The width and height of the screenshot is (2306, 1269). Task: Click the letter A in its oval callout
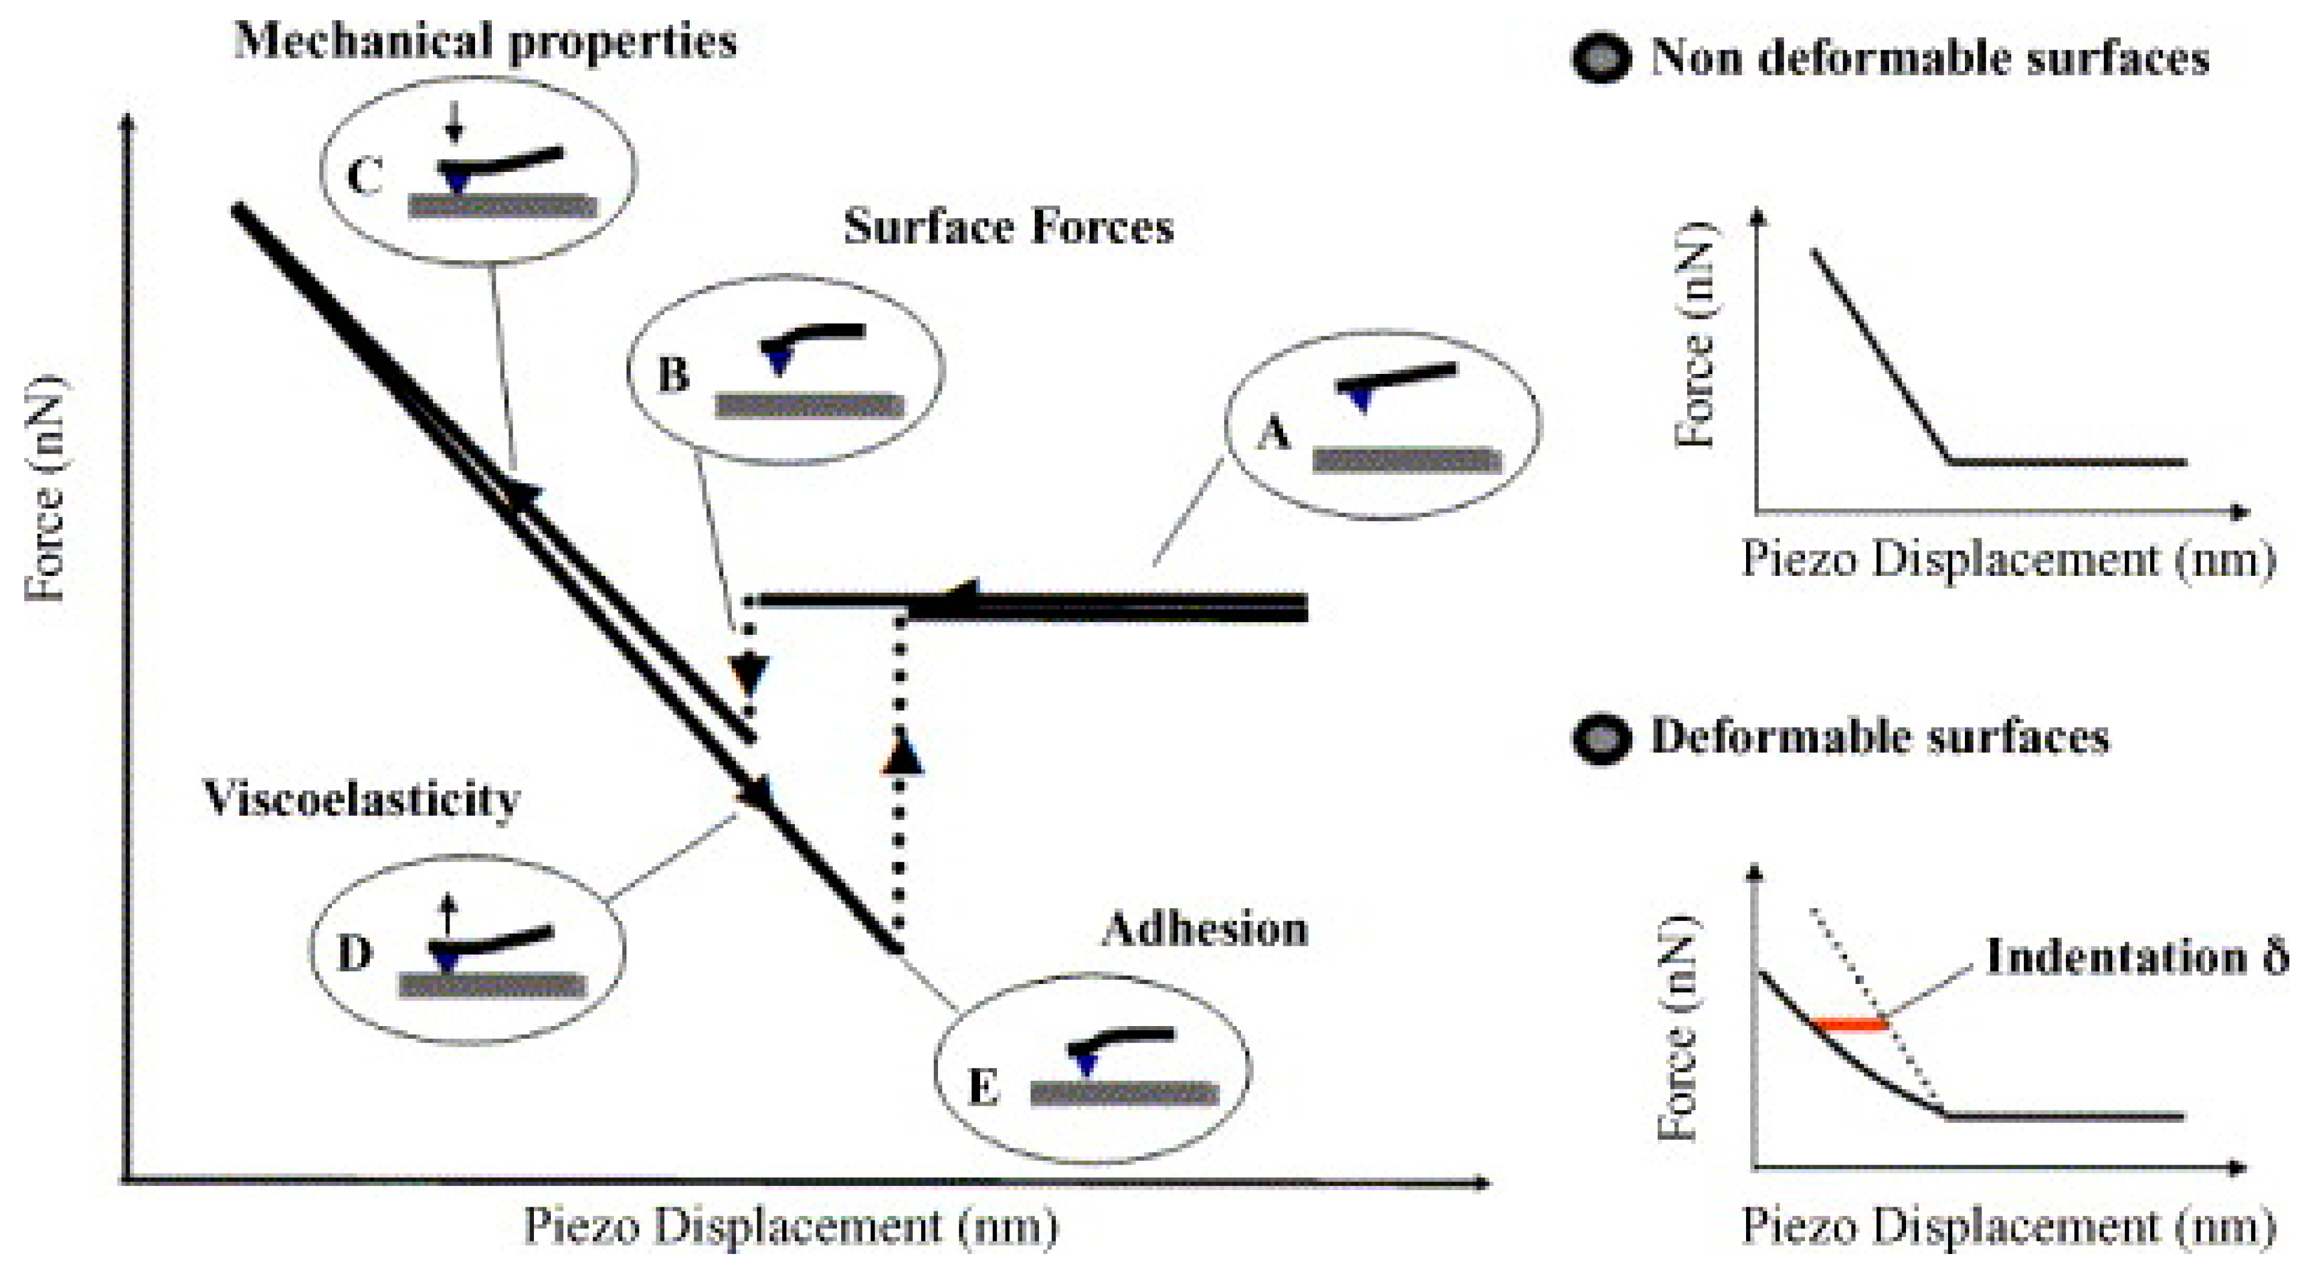click(x=1274, y=434)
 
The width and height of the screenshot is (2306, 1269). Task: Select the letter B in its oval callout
click(x=674, y=374)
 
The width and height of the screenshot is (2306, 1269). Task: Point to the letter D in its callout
click(x=354, y=954)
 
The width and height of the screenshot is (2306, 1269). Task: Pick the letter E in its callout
click(x=983, y=1088)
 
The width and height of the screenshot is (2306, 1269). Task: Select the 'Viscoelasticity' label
click(x=362, y=798)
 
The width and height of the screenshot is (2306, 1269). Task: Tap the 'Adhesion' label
click(x=1204, y=929)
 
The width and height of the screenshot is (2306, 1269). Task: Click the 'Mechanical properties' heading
click(x=485, y=41)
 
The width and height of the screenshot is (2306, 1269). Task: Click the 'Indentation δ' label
click(x=2135, y=956)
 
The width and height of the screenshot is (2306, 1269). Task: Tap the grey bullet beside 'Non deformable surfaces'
click(x=1601, y=59)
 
